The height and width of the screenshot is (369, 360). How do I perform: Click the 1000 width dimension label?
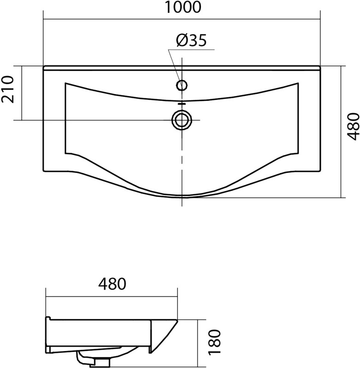tap(183, 7)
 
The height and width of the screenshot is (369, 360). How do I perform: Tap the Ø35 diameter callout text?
tap(191, 40)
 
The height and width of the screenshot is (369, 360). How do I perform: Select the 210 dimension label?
tap(8, 89)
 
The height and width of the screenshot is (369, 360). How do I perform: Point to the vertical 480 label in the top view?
tap(354, 126)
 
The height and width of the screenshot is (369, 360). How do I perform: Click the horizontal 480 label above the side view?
tap(112, 284)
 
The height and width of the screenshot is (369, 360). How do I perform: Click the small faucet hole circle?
tap(182, 85)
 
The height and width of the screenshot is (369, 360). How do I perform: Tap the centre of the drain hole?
tap(182, 120)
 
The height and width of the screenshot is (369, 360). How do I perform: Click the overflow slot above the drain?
tap(182, 103)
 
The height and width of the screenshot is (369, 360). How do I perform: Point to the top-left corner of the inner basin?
tap(65, 83)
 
